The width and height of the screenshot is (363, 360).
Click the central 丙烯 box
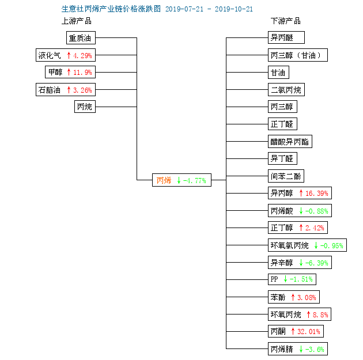(x=181, y=180)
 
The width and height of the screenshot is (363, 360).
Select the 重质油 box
(x=81, y=37)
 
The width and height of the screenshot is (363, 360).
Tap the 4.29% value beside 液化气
(x=82, y=55)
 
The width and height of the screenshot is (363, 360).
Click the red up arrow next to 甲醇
(x=69, y=72)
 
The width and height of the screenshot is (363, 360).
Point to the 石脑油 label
(x=50, y=90)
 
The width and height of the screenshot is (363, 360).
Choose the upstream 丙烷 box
(x=85, y=107)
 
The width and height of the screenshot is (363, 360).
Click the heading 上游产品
(x=77, y=21)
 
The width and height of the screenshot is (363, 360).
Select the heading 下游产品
(x=286, y=21)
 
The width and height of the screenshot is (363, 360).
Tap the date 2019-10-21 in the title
(x=234, y=9)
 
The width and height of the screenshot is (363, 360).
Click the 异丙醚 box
(x=286, y=37)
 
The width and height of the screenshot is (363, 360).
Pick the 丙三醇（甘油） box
(x=298, y=55)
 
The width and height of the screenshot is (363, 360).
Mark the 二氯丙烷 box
(x=286, y=89)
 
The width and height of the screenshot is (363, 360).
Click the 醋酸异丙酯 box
(x=290, y=141)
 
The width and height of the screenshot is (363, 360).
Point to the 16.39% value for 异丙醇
(x=317, y=193)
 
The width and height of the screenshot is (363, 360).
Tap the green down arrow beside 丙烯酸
(x=301, y=211)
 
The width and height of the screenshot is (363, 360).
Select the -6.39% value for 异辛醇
(x=317, y=263)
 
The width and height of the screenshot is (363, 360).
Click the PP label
(x=274, y=279)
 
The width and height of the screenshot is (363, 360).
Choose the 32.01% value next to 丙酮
(x=309, y=332)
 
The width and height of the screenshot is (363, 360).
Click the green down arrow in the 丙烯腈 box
(x=301, y=349)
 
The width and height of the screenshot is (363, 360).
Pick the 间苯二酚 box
(x=286, y=176)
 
